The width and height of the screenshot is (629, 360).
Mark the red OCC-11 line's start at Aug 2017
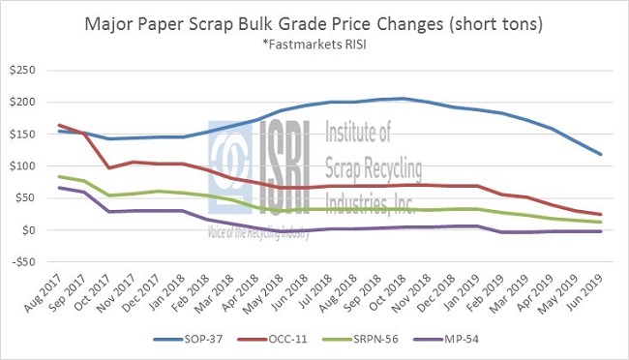[x=60, y=125]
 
